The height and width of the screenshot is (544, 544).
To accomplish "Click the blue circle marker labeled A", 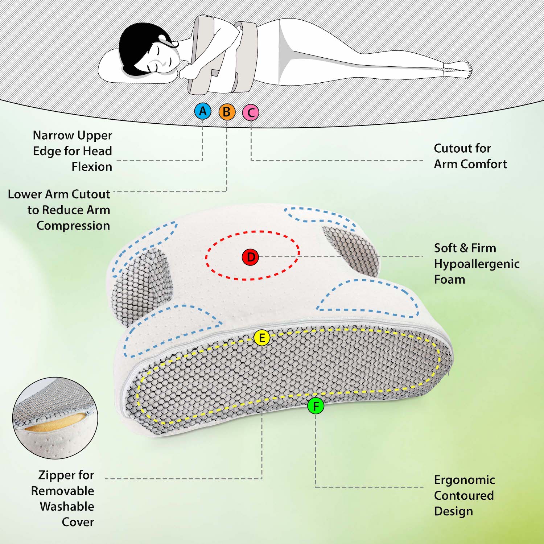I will pyautogui.click(x=203, y=111).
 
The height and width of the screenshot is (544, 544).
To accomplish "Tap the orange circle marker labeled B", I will pyautogui.click(x=227, y=112).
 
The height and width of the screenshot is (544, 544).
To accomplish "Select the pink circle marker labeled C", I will pyautogui.click(x=251, y=112).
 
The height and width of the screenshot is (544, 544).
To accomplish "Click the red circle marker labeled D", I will pyautogui.click(x=250, y=257).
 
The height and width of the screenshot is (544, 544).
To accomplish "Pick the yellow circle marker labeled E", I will pyautogui.click(x=261, y=338).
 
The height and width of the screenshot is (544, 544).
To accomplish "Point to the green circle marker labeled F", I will pyautogui.click(x=316, y=406).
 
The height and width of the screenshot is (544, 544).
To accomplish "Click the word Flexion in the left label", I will pyautogui.click(x=92, y=166).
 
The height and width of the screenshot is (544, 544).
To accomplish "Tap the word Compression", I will pyautogui.click(x=73, y=226).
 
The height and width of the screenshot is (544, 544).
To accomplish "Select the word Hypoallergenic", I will pyautogui.click(x=477, y=264).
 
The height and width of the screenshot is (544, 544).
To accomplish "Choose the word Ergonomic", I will pyautogui.click(x=464, y=480).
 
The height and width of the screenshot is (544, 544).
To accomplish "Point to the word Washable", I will pyautogui.click(x=67, y=506).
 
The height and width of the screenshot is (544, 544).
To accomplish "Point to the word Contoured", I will pyautogui.click(x=464, y=495).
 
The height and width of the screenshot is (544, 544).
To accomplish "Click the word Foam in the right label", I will pyautogui.click(x=449, y=280).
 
